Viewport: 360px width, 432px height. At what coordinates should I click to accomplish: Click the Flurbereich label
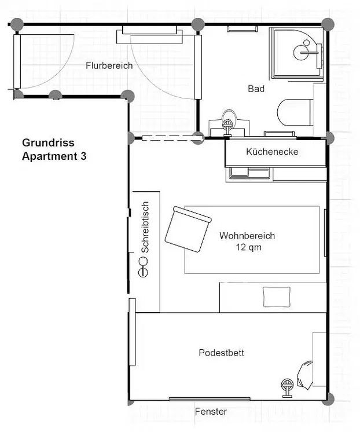tap(109, 65)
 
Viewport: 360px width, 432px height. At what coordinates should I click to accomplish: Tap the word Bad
tap(256, 89)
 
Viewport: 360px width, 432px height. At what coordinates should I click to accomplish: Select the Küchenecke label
tap(272, 152)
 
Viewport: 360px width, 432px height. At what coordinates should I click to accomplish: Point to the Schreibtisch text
tap(145, 227)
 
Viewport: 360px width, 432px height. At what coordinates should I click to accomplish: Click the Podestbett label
tap(222, 353)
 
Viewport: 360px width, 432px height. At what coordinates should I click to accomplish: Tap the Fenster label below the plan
tap(211, 411)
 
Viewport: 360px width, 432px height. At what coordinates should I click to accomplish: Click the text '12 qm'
tap(248, 247)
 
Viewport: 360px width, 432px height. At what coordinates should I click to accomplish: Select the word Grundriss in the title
tap(48, 142)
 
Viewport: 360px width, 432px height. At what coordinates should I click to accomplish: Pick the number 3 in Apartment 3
tap(83, 156)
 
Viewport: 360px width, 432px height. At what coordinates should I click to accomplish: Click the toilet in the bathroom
tap(295, 112)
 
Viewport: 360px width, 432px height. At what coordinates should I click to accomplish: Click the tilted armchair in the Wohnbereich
tap(188, 229)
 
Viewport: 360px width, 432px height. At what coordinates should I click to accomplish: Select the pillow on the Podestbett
tap(304, 375)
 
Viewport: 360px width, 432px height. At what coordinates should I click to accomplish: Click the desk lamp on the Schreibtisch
tap(143, 267)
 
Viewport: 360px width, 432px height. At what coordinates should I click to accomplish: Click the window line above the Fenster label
tap(210, 399)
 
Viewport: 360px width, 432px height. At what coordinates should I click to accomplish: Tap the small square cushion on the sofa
tap(277, 297)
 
